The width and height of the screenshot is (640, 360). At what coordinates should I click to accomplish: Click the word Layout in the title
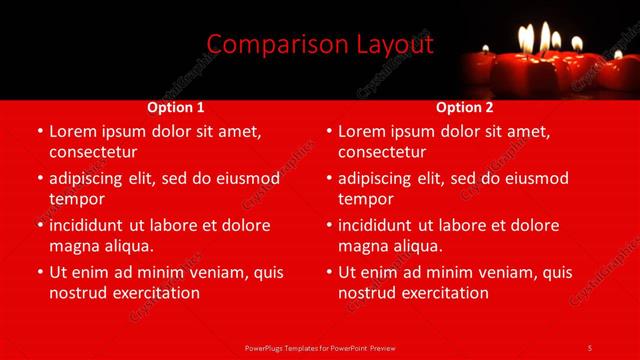(396, 45)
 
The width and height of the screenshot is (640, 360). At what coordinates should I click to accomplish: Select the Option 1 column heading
(176, 107)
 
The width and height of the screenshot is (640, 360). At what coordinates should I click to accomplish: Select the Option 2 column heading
(465, 107)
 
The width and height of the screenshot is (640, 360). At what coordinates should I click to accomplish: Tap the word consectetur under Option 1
(92, 152)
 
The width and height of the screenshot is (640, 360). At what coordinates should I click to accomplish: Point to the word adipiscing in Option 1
(89, 178)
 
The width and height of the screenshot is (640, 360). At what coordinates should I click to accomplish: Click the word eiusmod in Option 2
(531, 178)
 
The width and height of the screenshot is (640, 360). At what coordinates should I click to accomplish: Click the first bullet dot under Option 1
(39, 131)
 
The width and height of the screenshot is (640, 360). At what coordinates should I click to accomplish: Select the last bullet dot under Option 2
(328, 272)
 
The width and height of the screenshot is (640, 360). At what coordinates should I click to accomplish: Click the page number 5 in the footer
(590, 347)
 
